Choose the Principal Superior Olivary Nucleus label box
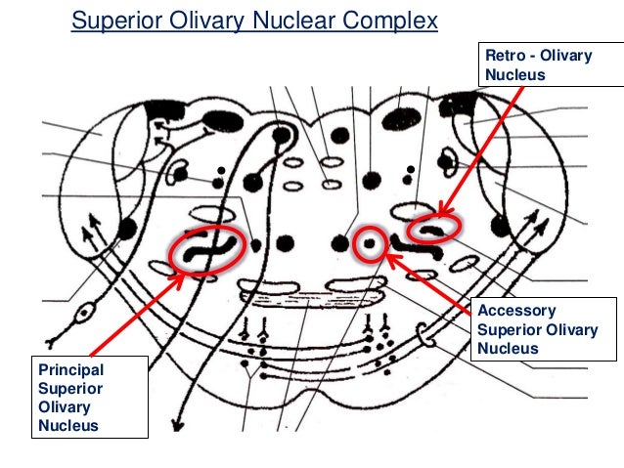point(90,397)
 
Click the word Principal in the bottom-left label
point(69,369)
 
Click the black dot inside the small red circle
point(369,241)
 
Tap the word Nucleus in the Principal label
point(67,425)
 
